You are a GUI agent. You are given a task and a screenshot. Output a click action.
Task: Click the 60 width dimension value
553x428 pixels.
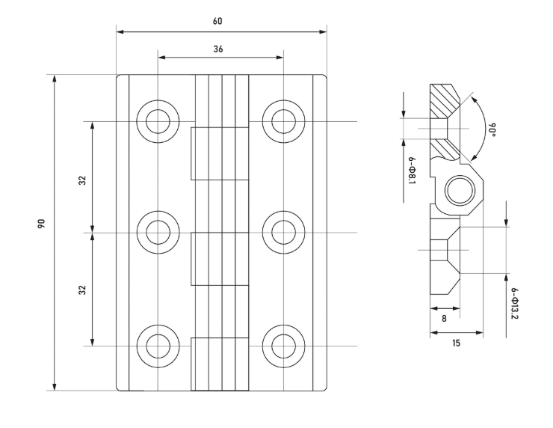(x=217, y=21)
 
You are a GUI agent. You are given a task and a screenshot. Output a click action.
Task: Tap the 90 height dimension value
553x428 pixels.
(x=43, y=224)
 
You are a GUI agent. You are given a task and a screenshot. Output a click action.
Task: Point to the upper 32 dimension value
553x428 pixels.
(x=82, y=180)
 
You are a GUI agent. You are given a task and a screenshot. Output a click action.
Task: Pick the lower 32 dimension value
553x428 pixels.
(x=82, y=289)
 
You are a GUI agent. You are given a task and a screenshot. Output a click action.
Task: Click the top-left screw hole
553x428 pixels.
(x=158, y=121)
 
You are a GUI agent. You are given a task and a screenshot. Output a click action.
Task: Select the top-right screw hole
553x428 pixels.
(x=284, y=121)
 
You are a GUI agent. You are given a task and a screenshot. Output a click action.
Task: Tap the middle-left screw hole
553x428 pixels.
(x=158, y=232)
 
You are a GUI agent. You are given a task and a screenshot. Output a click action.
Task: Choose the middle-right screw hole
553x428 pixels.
(x=284, y=232)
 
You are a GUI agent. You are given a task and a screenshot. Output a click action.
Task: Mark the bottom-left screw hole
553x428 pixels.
(x=158, y=345)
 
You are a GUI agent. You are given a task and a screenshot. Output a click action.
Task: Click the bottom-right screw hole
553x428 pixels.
(x=284, y=345)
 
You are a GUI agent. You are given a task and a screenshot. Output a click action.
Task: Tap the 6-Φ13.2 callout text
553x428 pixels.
(x=516, y=304)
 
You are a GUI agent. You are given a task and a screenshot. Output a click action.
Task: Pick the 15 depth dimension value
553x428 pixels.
(x=456, y=343)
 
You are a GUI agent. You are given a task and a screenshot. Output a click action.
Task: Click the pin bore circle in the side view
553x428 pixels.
(x=457, y=192)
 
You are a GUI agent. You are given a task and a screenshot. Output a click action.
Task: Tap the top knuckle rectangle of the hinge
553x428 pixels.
(x=220, y=153)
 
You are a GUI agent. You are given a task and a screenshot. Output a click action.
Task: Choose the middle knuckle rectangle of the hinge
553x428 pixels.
(x=220, y=259)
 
